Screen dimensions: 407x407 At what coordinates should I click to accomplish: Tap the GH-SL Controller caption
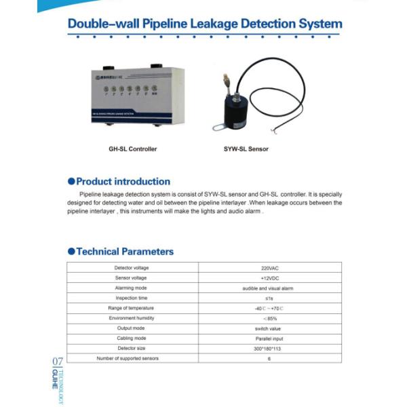pyautogui.click(x=133, y=149)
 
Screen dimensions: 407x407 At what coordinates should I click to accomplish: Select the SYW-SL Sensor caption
pyautogui.click(x=246, y=149)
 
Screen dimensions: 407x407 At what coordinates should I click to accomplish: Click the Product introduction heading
pyautogui.click(x=123, y=181)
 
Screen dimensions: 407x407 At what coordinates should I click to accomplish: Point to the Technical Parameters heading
pyautogui.click(x=125, y=252)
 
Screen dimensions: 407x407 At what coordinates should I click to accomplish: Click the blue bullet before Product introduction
pyautogui.click(x=71, y=181)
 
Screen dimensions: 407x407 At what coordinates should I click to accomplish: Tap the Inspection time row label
pyautogui.click(x=131, y=298)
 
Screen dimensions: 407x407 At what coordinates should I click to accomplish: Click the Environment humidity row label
pyautogui.click(x=131, y=318)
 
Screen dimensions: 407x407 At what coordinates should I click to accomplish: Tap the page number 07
pyautogui.click(x=57, y=362)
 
